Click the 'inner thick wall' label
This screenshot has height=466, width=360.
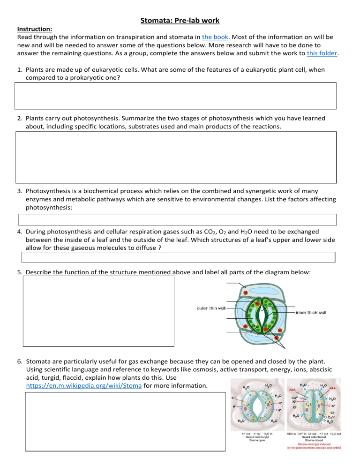coord(316,312)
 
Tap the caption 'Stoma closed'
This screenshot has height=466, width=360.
coord(313,441)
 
